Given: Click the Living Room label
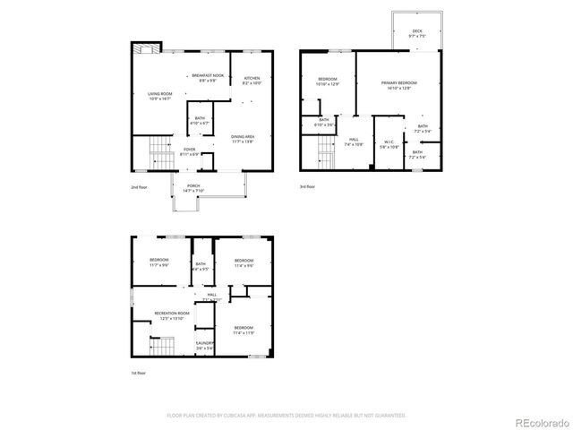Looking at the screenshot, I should tap(160, 96).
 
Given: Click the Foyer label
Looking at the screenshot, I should tap(190, 151).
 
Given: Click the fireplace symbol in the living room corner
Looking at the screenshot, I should tap(143, 50).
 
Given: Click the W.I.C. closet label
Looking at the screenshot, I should tap(389, 142).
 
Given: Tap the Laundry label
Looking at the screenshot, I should tap(205, 345).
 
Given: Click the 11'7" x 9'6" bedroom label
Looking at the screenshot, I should tap(159, 262).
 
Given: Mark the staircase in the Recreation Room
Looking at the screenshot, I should tap(159, 347).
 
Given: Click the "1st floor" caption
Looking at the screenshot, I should tap(139, 373).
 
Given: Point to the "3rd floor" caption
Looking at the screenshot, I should tap(308, 186).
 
